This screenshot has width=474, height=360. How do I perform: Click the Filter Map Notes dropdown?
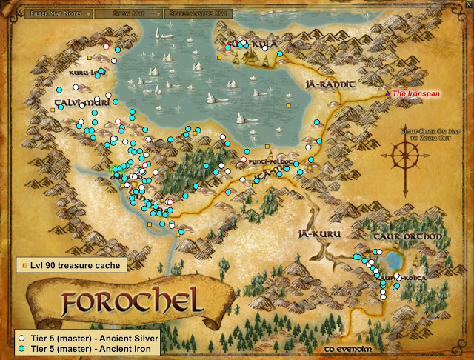[x=57, y=13]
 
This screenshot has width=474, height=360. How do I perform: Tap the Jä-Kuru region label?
[x=318, y=233]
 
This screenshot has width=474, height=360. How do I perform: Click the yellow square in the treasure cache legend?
[x=24, y=264]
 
